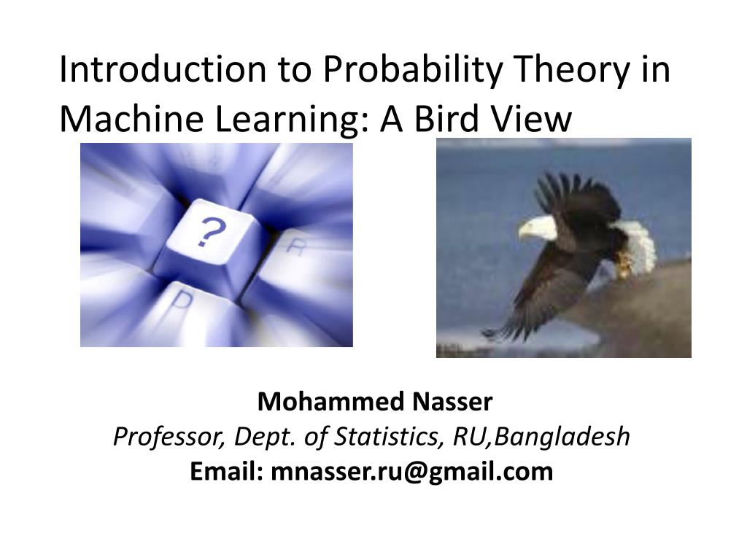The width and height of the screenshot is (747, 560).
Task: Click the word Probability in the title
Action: [x=413, y=71]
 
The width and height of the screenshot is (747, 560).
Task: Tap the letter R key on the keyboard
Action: [x=295, y=246]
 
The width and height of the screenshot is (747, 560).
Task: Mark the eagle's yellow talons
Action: [x=623, y=267]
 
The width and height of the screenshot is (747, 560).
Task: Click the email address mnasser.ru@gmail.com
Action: [x=411, y=472]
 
